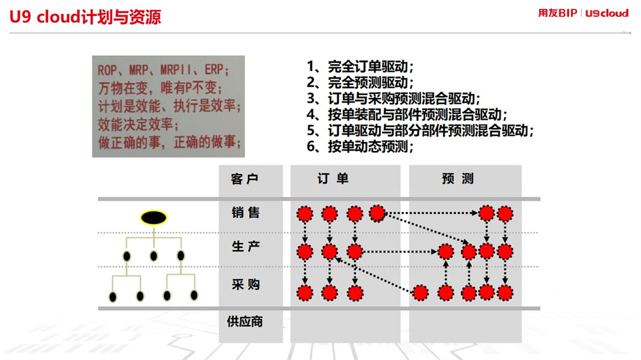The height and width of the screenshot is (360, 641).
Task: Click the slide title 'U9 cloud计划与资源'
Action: [85, 17]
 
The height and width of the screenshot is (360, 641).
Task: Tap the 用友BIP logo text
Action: [558, 13]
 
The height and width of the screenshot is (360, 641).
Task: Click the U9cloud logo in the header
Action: [606, 13]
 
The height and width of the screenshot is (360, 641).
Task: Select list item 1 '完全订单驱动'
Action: [360, 67]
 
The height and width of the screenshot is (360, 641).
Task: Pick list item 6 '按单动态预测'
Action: [360, 146]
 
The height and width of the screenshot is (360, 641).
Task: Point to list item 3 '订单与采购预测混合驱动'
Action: [394, 99]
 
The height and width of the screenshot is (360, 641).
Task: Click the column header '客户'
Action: [244, 179]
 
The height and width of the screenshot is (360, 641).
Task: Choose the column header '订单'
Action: [333, 179]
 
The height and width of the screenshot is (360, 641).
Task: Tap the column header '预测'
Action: [458, 179]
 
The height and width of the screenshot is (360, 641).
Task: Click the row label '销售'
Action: [246, 213]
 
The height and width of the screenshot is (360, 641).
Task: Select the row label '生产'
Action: [246, 247]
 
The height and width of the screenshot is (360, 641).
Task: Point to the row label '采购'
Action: [246, 284]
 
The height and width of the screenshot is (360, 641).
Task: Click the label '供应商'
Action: [245, 322]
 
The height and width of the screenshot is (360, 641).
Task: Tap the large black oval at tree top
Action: [154, 218]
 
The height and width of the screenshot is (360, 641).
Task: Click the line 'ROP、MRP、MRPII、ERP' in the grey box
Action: [163, 70]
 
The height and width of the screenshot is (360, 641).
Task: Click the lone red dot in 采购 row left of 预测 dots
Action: [420, 293]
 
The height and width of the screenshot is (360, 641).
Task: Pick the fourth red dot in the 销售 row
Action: [377, 213]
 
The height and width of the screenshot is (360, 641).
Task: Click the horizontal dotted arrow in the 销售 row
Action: [431, 213]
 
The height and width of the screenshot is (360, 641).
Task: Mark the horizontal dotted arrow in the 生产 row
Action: [400, 252]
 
